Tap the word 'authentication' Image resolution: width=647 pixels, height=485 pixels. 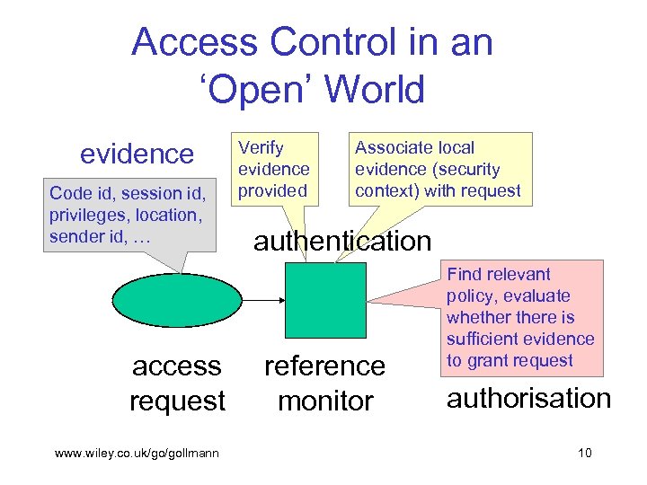click(x=342, y=241)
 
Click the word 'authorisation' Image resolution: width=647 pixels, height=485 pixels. click(x=529, y=398)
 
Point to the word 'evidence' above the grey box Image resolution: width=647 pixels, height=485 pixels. click(x=137, y=154)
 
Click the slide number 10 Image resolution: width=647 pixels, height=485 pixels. click(x=584, y=453)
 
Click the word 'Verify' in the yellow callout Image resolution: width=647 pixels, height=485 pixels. click(x=260, y=147)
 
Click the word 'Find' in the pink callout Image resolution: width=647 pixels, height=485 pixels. click(x=464, y=274)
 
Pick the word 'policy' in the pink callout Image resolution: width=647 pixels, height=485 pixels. click(x=469, y=295)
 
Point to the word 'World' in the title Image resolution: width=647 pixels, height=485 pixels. click(x=375, y=89)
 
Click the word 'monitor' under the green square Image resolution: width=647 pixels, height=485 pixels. click(x=325, y=400)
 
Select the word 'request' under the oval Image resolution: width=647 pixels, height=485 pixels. click(x=177, y=400)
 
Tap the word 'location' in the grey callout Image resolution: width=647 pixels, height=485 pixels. click(x=166, y=215)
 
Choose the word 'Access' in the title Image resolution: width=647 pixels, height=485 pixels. click(x=182, y=42)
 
